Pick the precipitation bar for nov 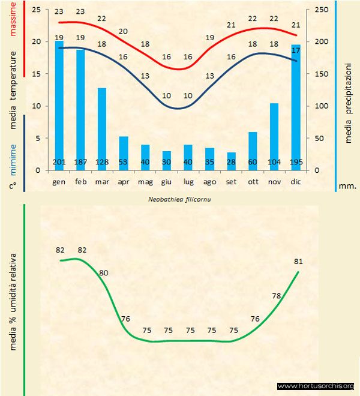[x=274, y=135]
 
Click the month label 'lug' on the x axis [x=188, y=181]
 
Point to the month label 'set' [x=231, y=181]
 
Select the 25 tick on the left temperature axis [x=35, y=10]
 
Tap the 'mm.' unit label [x=347, y=186]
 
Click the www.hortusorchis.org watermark [x=316, y=386]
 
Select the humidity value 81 [x=298, y=262]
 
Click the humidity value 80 [x=103, y=272]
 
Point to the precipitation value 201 [x=59, y=163]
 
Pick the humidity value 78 [x=277, y=296]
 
